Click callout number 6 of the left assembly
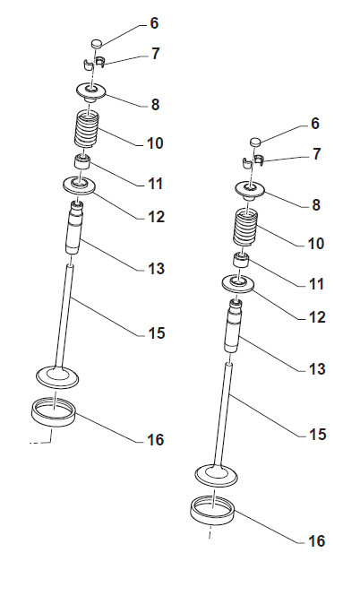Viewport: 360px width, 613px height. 155,23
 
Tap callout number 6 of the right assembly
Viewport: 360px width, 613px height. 315,124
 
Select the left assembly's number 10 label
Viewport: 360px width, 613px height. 155,143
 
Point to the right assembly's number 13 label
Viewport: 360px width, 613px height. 317,368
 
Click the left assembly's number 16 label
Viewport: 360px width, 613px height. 155,440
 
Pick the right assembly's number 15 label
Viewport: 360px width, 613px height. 317,434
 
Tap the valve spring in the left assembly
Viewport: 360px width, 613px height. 87,129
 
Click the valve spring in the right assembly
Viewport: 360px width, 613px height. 246,227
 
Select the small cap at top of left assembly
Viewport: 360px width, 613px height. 97,43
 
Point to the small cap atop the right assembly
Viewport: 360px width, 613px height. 255,142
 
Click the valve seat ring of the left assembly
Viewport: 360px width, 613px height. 53,411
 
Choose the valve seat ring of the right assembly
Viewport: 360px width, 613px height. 212,511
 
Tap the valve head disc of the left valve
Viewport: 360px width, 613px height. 57,377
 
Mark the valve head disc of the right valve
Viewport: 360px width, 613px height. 217,475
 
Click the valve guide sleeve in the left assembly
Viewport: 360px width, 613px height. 74,228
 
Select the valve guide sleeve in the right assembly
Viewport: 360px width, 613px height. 234,326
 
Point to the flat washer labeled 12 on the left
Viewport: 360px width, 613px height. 80,185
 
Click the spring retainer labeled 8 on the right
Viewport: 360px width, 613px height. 250,190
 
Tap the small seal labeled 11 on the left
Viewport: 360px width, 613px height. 82,161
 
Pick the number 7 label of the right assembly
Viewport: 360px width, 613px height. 317,153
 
